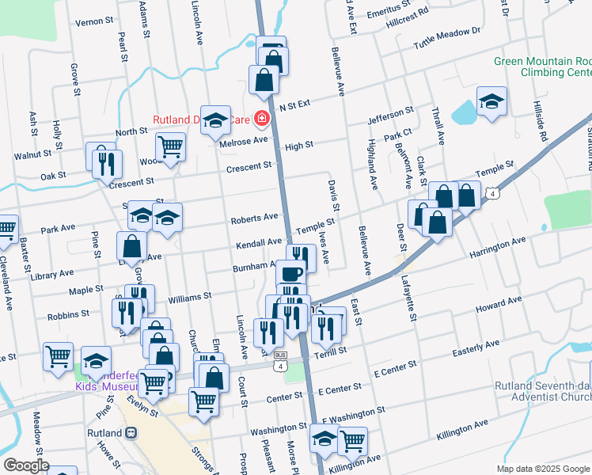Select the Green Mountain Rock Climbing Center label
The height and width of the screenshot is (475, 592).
point(542,66)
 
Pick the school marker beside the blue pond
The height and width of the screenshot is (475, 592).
point(491,101)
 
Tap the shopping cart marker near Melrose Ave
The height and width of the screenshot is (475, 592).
point(171,146)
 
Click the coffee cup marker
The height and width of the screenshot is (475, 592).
point(290,274)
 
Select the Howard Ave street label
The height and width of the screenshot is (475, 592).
point(500,305)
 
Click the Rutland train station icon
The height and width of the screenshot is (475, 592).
point(131,433)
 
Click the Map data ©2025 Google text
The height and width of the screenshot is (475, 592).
point(542,469)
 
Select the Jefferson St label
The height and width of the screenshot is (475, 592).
point(390,116)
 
